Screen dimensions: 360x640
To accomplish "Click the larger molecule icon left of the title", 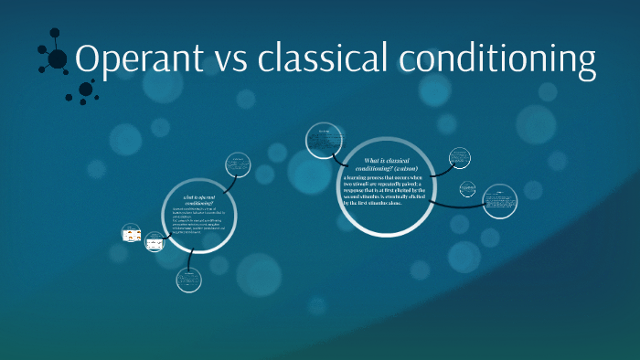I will [x=56, y=58].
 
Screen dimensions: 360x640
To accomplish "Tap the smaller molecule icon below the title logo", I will [x=86, y=90].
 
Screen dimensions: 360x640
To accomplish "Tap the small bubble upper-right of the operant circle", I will [x=239, y=165].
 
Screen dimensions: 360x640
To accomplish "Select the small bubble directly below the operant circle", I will [x=189, y=280].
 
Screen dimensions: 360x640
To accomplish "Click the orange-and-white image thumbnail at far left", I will [x=132, y=235].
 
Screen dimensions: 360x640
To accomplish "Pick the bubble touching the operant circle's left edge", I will [x=155, y=244].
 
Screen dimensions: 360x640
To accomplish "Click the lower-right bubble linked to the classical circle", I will [x=499, y=200].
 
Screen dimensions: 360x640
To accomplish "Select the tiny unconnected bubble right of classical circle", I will [x=468, y=189].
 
